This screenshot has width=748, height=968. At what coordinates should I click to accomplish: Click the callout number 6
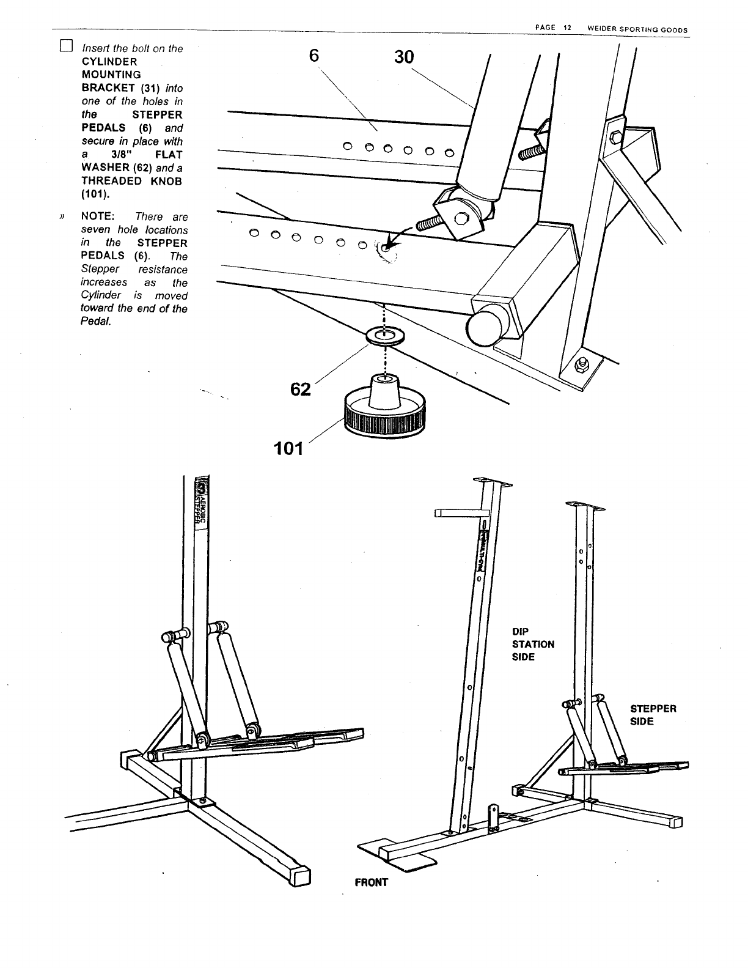click(x=313, y=55)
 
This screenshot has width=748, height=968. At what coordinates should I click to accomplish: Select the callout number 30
click(x=400, y=57)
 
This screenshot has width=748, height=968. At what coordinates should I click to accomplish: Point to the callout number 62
click(x=301, y=389)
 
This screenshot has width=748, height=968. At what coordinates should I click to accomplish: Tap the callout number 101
click(x=288, y=449)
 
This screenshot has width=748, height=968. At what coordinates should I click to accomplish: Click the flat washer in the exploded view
click(x=384, y=336)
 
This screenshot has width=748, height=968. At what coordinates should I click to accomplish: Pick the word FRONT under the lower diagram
click(x=371, y=882)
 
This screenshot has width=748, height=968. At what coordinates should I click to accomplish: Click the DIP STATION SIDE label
click(x=533, y=644)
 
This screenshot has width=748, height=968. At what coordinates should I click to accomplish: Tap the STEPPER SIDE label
click(x=653, y=715)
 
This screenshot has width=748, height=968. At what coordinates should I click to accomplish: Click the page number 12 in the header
click(x=567, y=29)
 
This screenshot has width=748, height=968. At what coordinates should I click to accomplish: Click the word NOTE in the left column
click(x=98, y=216)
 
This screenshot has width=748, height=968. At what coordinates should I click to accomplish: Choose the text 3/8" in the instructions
click(x=113, y=154)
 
